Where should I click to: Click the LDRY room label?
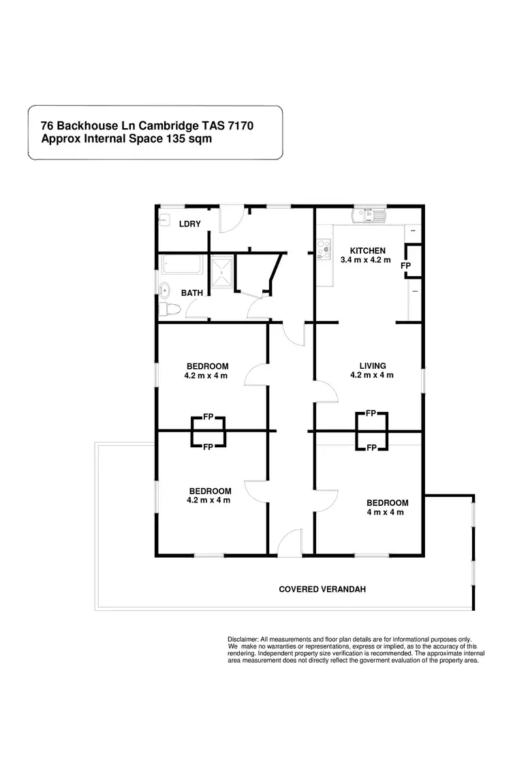(189, 224)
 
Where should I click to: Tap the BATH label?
(191, 293)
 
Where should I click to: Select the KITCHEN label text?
(367, 251)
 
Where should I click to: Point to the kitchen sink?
(368, 215)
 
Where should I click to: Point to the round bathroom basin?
(164, 290)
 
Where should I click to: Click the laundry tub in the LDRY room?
(164, 220)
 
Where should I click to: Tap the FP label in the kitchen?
(405, 265)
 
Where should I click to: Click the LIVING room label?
(373, 365)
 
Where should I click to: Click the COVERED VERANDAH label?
(322, 589)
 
